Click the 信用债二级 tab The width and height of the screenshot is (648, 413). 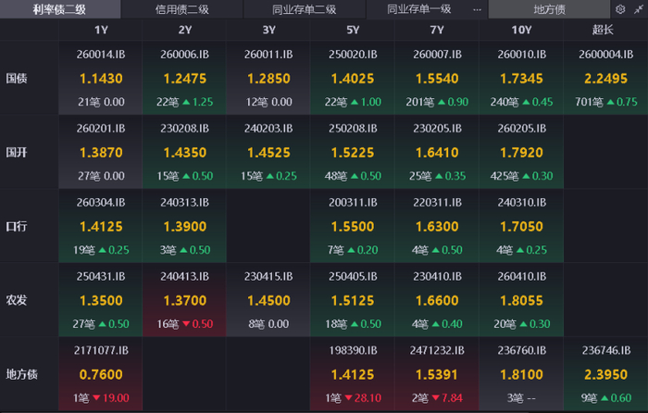[182, 9]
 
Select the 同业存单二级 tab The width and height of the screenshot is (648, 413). [305, 9]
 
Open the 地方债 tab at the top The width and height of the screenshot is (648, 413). [549, 9]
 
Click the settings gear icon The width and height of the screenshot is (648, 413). [620, 9]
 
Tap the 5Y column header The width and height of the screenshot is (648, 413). [353, 30]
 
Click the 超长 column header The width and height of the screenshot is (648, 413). [603, 30]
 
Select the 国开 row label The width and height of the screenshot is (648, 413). [17, 153]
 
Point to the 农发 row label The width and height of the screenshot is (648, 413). [17, 300]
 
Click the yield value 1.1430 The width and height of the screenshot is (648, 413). [101, 79]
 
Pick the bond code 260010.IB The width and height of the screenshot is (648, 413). [521, 54]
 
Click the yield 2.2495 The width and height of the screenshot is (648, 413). [605, 79]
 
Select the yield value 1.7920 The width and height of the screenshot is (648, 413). [521, 153]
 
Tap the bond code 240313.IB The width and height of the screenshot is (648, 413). [185, 202]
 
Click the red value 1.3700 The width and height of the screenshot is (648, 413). [185, 301]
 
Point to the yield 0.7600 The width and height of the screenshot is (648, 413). [101, 374]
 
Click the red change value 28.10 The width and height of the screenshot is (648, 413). [368, 397]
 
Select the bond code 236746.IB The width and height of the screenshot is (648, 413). [606, 350]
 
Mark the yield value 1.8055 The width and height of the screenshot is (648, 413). [521, 301]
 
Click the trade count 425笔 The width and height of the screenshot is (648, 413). [505, 176]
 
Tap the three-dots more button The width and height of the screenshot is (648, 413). [478, 9]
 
